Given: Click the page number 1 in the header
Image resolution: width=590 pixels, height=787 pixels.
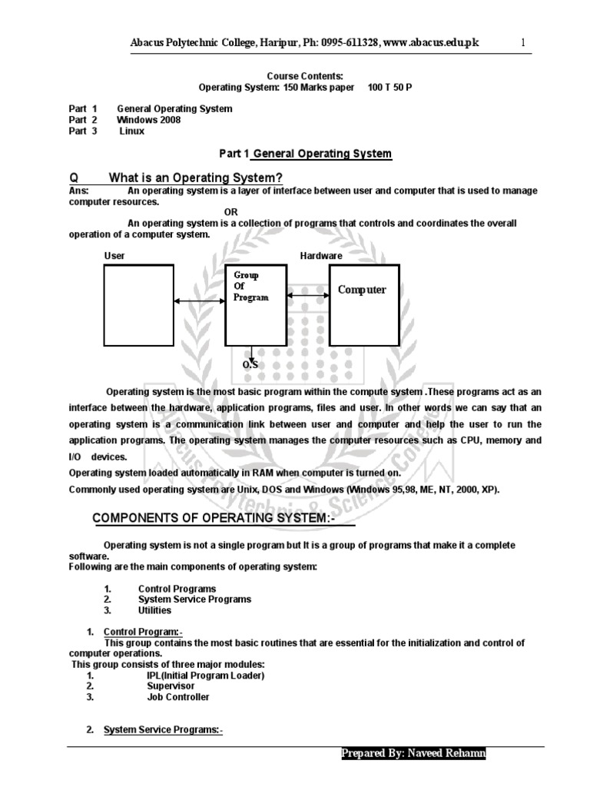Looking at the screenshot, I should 522,43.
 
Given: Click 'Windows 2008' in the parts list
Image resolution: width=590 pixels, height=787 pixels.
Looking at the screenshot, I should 149,120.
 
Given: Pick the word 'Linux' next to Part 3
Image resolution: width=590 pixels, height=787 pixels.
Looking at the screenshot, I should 131,131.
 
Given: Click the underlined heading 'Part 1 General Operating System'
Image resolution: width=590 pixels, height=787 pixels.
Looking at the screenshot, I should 305,154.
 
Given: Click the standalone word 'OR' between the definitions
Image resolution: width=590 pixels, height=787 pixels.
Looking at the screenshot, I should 231,212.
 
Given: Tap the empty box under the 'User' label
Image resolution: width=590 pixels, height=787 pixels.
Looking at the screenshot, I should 139,304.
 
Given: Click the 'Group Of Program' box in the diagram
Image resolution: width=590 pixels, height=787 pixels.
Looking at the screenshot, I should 254,304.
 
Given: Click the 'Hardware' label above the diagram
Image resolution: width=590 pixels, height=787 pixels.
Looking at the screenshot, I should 321,255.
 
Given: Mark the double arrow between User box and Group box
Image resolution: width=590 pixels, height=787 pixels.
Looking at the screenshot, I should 199,302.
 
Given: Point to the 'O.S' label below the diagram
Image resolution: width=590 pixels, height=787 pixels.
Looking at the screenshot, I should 250,364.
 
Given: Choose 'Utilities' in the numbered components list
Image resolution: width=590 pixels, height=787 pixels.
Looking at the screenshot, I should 154,610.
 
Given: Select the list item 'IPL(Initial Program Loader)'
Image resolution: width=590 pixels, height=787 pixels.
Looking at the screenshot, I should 205,676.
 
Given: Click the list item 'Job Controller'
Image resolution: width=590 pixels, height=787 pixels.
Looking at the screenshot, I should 177,697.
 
